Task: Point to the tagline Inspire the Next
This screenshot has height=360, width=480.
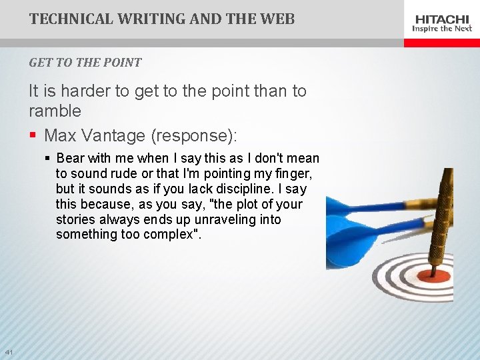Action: click(x=442, y=29)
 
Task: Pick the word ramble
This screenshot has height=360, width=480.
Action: click(x=55, y=111)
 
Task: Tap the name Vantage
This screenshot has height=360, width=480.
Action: click(x=114, y=136)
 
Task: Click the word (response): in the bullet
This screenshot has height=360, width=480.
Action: click(x=194, y=136)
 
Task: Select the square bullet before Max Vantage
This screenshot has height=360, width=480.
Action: click(x=33, y=136)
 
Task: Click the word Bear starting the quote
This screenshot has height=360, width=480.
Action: click(x=71, y=159)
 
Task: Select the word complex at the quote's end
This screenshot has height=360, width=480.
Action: click(x=168, y=235)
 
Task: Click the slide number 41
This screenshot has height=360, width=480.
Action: click(x=9, y=352)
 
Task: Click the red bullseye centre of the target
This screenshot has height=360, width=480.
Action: click(x=434, y=274)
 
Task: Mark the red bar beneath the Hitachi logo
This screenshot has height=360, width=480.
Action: click(x=442, y=43)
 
